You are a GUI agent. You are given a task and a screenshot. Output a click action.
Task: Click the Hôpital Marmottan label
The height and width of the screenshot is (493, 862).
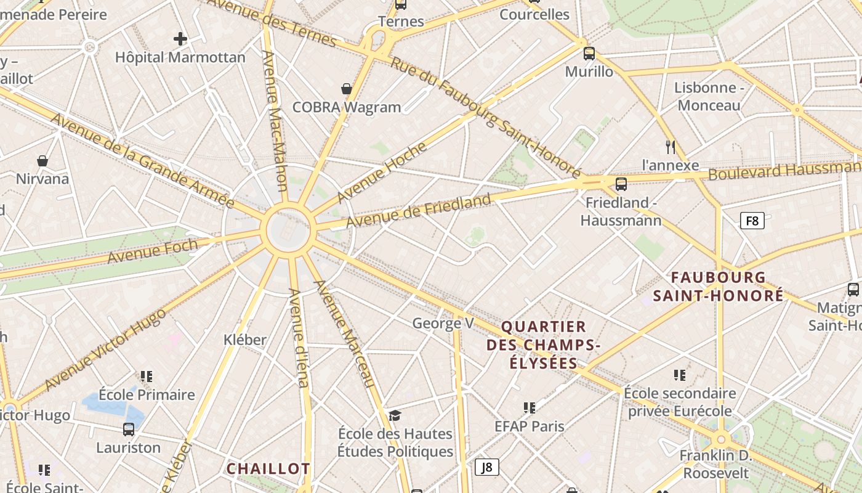[x=180, y=57]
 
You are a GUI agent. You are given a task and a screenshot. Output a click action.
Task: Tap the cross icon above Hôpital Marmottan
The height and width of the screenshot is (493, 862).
[x=180, y=39]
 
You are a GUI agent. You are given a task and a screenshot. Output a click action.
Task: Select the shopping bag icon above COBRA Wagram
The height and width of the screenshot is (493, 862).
[x=347, y=89]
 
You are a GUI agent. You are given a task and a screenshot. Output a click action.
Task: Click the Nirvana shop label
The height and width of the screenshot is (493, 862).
[x=42, y=179]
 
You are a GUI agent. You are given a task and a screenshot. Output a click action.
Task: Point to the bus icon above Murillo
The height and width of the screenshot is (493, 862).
[x=589, y=54]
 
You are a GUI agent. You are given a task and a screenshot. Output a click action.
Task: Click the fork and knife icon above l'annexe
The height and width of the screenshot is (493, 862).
[x=671, y=147]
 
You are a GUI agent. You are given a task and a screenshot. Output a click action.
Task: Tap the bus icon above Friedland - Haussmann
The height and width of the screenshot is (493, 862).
[x=621, y=184]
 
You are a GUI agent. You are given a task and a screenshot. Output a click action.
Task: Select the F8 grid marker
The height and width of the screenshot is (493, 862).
[x=752, y=221]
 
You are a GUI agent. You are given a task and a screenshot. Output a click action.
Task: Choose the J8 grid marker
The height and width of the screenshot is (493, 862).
[x=487, y=467]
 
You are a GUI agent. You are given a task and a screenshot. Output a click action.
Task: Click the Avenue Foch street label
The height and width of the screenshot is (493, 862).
[x=153, y=251]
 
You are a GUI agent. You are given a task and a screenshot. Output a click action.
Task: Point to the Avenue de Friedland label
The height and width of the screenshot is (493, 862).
[x=418, y=210]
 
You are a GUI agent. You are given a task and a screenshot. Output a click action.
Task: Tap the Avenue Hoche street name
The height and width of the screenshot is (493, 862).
[x=382, y=173]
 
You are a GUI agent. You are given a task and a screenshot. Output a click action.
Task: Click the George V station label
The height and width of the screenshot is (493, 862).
[x=443, y=323]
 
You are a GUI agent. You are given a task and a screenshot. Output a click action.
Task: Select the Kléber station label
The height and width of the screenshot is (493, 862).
[x=245, y=340]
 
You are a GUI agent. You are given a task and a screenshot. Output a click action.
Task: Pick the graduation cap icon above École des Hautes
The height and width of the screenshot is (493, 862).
[x=395, y=415]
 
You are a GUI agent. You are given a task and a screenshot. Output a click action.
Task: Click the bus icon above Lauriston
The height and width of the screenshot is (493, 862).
[x=129, y=430]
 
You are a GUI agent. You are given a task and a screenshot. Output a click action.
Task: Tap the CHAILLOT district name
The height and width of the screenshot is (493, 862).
[x=268, y=469]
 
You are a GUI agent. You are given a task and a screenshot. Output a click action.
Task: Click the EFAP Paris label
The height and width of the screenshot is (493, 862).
[x=530, y=426]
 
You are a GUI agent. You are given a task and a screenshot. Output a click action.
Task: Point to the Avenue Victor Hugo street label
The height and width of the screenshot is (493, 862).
[x=105, y=349]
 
